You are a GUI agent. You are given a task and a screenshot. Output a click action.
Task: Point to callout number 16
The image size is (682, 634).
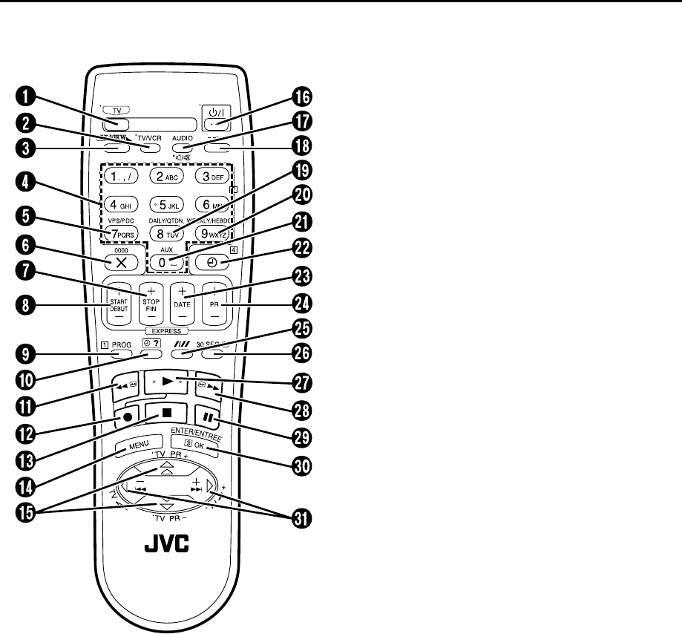pyautogui.click(x=301, y=97)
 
